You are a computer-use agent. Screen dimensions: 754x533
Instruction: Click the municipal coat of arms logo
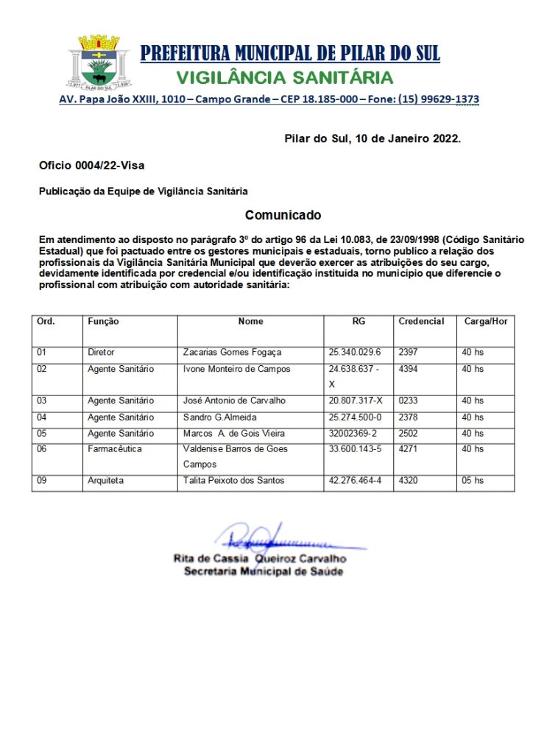pyautogui.click(x=98, y=63)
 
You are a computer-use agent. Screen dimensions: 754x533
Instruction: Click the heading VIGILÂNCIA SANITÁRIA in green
pyautogui.click(x=285, y=77)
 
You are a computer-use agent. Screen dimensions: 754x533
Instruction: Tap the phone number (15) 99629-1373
pyautogui.click(x=439, y=99)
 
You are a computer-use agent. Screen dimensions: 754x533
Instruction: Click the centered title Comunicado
pyautogui.click(x=283, y=215)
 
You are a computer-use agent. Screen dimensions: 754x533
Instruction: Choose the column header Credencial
pyautogui.click(x=421, y=322)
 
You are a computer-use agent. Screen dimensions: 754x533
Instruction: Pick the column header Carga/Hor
pyautogui.click(x=485, y=322)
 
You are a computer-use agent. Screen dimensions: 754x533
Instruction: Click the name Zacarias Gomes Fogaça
pyautogui.click(x=232, y=353)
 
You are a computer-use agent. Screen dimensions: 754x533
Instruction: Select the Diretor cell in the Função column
pyautogui.click(x=102, y=353)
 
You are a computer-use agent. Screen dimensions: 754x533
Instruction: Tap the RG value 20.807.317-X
pyautogui.click(x=356, y=401)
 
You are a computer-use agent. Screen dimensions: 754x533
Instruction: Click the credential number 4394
pyautogui.click(x=408, y=369)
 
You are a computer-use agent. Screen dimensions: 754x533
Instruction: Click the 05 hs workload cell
pyautogui.click(x=473, y=481)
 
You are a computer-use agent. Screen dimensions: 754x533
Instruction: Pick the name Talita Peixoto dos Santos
pyautogui.click(x=233, y=481)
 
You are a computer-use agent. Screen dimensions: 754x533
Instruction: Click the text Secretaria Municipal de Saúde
pyautogui.click(x=263, y=571)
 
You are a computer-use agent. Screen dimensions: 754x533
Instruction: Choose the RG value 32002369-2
pyautogui.click(x=355, y=434)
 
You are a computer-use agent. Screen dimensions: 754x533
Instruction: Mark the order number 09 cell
pyautogui.click(x=42, y=481)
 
